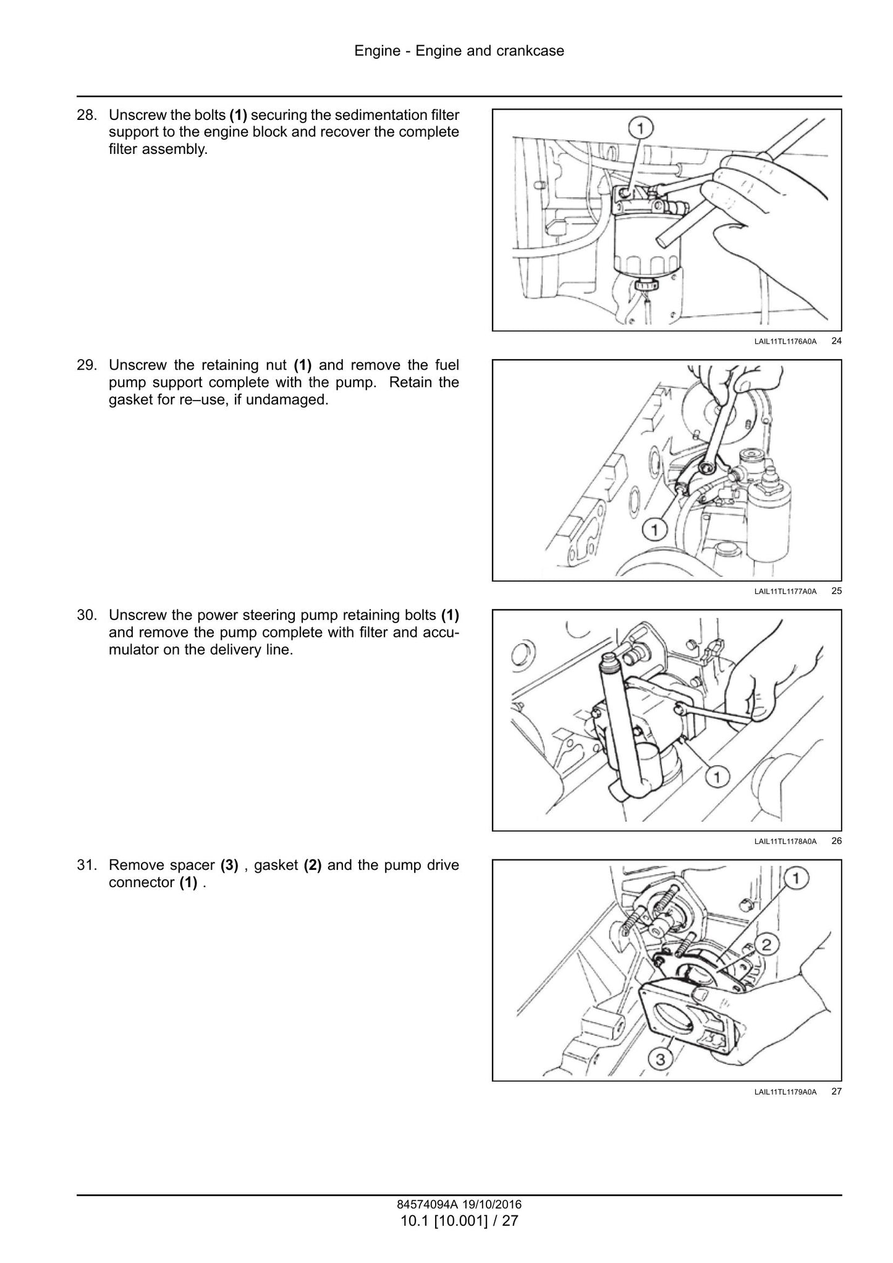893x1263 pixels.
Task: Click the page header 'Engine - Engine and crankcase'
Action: coord(459,51)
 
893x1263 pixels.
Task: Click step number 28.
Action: coord(87,115)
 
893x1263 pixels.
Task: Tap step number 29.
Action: coord(87,365)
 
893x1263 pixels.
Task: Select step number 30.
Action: coord(87,615)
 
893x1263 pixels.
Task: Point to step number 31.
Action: coord(87,865)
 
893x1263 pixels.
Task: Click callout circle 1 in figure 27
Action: coord(797,878)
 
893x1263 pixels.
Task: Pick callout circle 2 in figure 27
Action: coord(766,944)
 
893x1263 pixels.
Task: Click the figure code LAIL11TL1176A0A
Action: coord(785,341)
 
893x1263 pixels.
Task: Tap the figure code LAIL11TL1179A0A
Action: coord(785,1092)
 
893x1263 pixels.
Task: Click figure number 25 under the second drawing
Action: coord(836,590)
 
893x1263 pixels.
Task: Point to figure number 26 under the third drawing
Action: coord(836,841)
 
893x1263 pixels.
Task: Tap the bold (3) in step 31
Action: coord(229,865)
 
